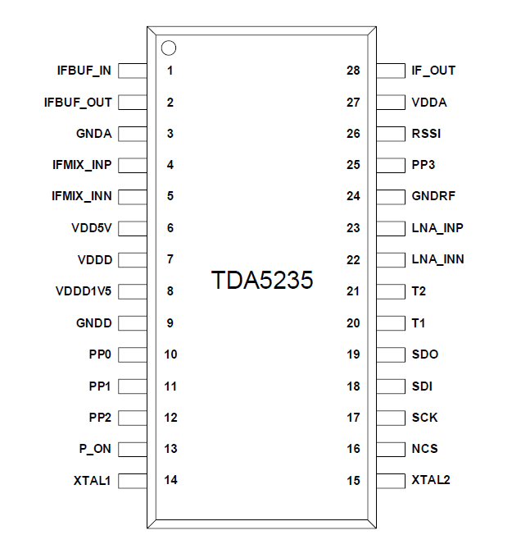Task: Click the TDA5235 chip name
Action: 262,281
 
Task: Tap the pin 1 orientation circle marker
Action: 169,48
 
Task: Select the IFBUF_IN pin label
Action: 84,71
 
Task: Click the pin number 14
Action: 170,480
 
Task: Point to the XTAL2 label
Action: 431,480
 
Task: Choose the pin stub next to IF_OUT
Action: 390,71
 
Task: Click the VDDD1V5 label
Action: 84,291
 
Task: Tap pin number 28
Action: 353,71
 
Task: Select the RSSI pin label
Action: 427,134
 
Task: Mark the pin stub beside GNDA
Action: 133,134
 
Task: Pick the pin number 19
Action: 353,354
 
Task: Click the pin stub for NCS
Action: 390,449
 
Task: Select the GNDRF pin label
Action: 433,197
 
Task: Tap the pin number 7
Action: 170,259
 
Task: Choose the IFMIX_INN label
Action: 82,197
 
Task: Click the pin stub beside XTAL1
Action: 133,480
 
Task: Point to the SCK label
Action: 425,418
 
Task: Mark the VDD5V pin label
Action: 92,228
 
